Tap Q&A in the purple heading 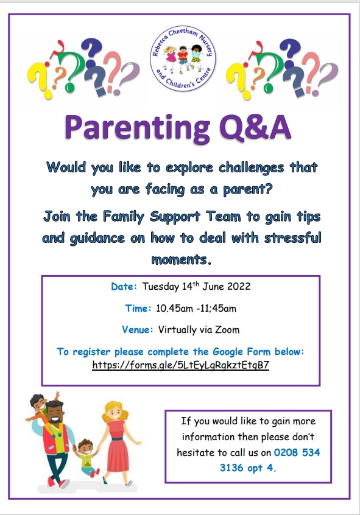coord(255,127)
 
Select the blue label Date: coord(124,286)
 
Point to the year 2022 coord(239,286)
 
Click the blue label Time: coord(138,309)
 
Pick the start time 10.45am coord(174,309)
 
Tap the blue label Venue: coord(138,329)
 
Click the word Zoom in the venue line coord(227,329)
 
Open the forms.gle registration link coord(180,365)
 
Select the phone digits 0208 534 coord(297,452)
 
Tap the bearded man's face coord(54,414)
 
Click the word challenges coord(251,168)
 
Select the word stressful coord(293,237)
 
